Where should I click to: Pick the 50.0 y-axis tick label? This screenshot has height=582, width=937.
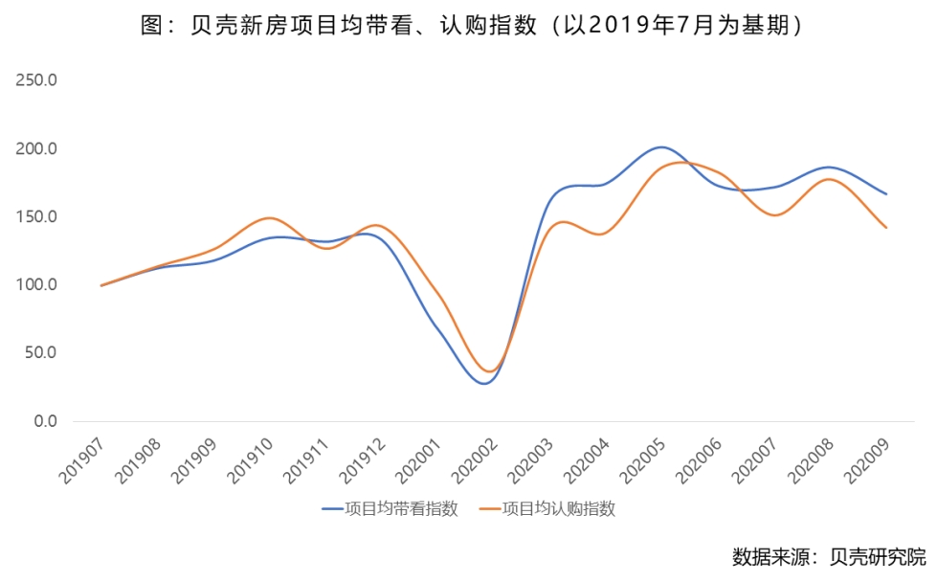(x=41, y=353)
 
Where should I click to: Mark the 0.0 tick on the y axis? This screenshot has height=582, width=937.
(x=44, y=421)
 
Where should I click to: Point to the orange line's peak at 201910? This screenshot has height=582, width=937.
(x=269, y=218)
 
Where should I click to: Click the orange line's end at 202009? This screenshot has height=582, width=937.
(x=886, y=228)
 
